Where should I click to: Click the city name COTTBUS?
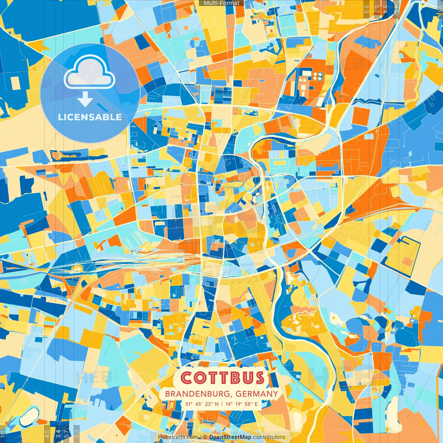point(222,378)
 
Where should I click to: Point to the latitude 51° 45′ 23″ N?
point(202,404)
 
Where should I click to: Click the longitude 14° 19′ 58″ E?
point(242,404)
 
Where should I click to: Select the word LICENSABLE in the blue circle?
point(90,117)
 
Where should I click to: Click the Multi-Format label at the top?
point(221,3)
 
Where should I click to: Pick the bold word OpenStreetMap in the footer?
point(230,437)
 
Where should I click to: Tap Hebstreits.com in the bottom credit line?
point(178,437)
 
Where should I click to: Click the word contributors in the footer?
point(269,437)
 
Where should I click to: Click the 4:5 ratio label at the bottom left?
point(47,434)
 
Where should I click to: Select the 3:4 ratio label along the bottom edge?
point(58,434)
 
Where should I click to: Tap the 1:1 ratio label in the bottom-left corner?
point(3,434)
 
